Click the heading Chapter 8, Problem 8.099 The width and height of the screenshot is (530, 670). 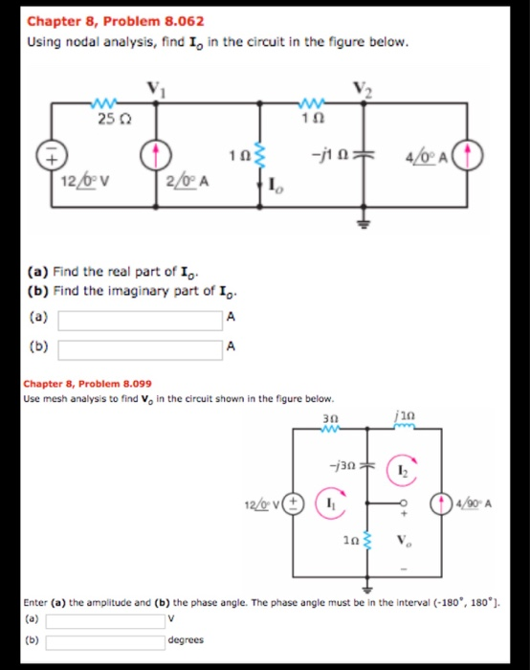pyautogui.click(x=86, y=383)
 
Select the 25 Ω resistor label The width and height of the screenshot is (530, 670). pyautogui.click(x=108, y=119)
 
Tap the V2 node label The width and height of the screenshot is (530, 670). pyautogui.click(x=360, y=89)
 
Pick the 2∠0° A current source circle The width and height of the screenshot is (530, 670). pyautogui.click(x=158, y=153)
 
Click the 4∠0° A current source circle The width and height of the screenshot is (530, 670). pyautogui.click(x=475, y=153)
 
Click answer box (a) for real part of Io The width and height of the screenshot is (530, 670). pyautogui.click(x=141, y=318)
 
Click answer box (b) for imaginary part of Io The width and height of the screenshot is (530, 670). pyautogui.click(x=141, y=347)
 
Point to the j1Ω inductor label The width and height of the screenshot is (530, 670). pyautogui.click(x=400, y=418)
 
